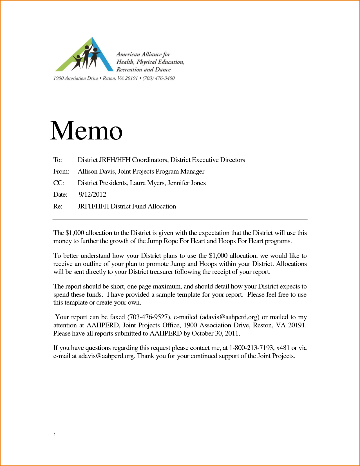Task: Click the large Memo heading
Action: pos(86,130)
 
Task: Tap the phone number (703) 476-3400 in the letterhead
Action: pos(159,78)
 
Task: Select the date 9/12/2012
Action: pos(92,194)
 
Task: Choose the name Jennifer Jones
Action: pos(187,183)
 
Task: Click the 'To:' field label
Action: pos(58,160)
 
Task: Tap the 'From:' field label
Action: pos(61,171)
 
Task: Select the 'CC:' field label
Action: pos(59,183)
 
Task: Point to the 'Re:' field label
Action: pos(58,206)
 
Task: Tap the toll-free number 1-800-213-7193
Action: pos(251,348)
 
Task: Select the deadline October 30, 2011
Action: pos(216,333)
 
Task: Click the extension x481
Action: pos(283,348)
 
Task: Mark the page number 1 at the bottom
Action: pos(55,434)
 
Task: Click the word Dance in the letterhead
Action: pos(163,70)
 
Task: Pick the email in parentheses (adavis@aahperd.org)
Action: pos(229,317)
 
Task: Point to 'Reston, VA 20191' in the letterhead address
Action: pos(120,78)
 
